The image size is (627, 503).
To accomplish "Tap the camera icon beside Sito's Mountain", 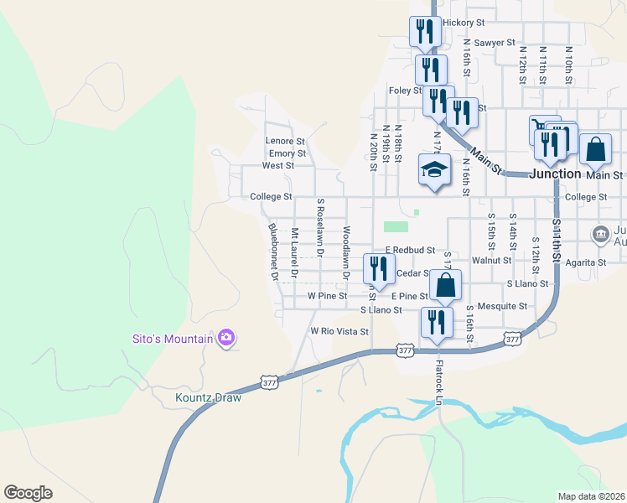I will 225,338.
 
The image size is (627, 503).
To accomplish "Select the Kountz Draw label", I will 209,397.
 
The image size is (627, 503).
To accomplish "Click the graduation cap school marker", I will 434,170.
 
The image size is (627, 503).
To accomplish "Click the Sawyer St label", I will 494,42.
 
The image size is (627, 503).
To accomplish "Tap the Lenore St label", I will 285,141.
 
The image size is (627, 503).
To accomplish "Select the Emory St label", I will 288,153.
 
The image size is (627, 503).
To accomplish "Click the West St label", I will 278,166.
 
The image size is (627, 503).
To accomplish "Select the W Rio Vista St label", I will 340,331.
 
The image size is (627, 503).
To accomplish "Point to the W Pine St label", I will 328,296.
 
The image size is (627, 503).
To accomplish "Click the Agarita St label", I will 585,262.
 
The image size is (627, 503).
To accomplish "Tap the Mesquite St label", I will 502,306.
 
